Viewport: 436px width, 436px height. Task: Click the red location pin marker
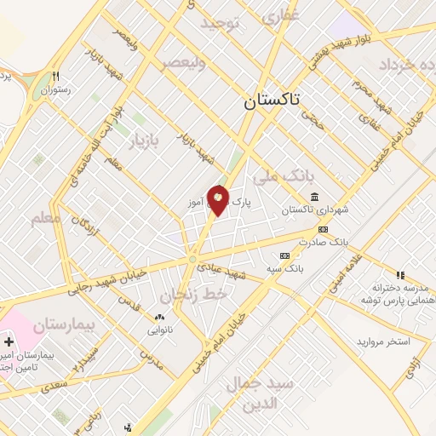click(219, 200)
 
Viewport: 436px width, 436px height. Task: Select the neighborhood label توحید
click(222, 26)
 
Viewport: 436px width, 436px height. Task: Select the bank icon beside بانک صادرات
click(323, 229)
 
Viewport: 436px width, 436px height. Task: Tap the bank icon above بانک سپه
click(284, 255)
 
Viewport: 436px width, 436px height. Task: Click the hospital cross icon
click(9, 341)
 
